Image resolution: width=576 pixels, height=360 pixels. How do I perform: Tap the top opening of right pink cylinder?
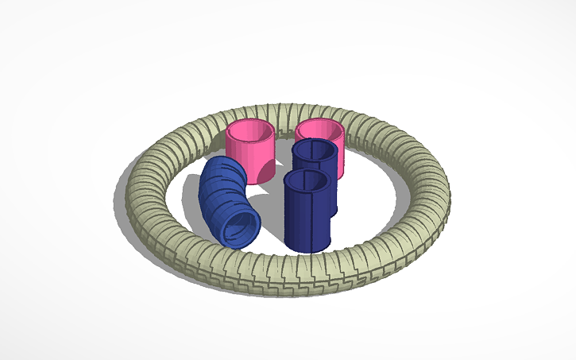click(321, 128)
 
